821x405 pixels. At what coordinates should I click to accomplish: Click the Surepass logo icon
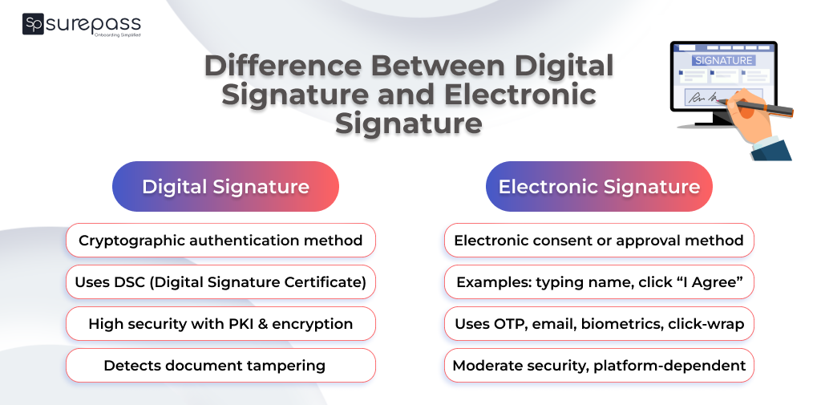[33, 24]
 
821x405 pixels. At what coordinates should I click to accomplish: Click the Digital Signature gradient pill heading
[225, 187]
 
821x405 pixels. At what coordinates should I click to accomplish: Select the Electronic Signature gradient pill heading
[599, 187]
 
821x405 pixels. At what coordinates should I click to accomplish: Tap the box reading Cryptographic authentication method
[220, 241]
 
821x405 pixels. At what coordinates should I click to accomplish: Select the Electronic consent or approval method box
[599, 241]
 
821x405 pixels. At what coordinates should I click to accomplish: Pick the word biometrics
[621, 324]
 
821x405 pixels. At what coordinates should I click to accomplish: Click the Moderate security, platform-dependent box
[599, 366]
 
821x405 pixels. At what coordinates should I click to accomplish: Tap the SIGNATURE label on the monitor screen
[723, 60]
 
